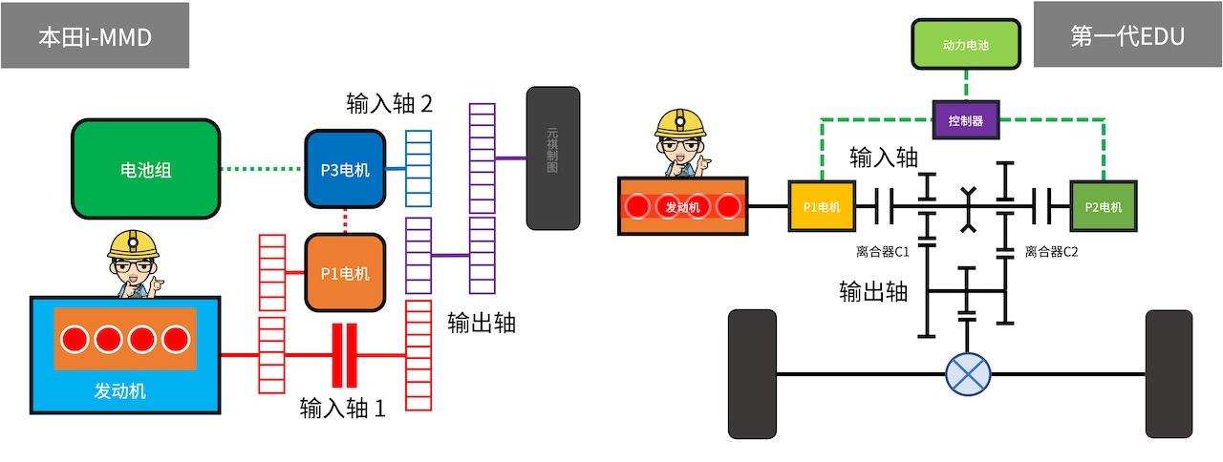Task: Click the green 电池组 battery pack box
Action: pyautogui.click(x=146, y=170)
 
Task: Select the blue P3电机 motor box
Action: pyautogui.click(x=345, y=170)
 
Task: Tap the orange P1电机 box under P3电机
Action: pyautogui.click(x=345, y=273)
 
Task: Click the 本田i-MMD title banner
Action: pyautogui.click(x=95, y=36)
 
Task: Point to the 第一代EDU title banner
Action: pyautogui.click(x=1127, y=35)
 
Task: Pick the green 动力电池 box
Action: pyautogui.click(x=966, y=45)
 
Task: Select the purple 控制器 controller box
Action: pyautogui.click(x=966, y=121)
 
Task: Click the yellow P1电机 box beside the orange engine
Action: pyautogui.click(x=822, y=205)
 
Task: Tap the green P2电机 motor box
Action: pyautogui.click(x=1104, y=205)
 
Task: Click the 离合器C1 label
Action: pyautogui.click(x=883, y=252)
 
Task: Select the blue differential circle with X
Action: pyautogui.click(x=968, y=372)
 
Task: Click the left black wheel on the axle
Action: pyautogui.click(x=752, y=373)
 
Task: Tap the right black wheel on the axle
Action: pyautogui.click(x=1169, y=373)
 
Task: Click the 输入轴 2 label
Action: pyautogui.click(x=390, y=103)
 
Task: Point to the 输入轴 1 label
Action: pyautogui.click(x=343, y=409)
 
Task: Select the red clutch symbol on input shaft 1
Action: pyautogui.click(x=345, y=355)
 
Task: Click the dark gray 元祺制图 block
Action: pyautogui.click(x=553, y=158)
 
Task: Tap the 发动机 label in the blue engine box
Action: pyautogui.click(x=120, y=391)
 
